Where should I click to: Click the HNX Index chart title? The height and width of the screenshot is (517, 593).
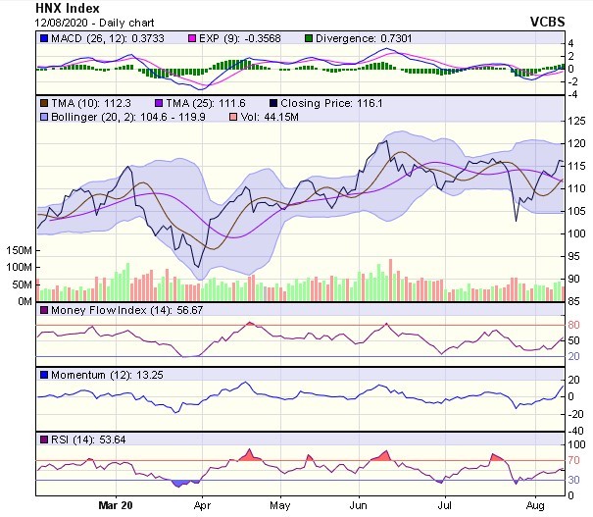point(67,7)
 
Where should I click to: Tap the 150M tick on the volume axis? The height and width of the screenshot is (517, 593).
point(17,251)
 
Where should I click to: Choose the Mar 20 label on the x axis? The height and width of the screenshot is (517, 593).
point(116,506)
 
